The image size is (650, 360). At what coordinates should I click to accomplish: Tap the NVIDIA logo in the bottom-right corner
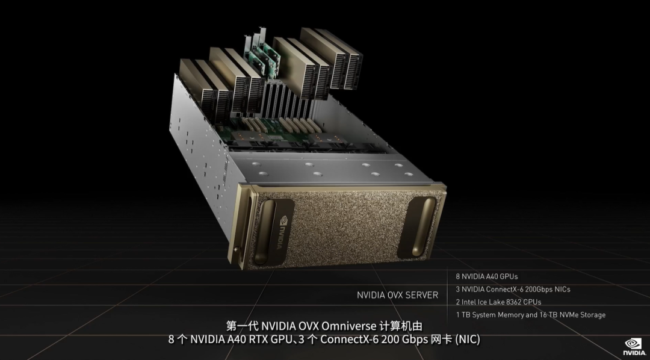634,347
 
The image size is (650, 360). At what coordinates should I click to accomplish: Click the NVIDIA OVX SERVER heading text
397,295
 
